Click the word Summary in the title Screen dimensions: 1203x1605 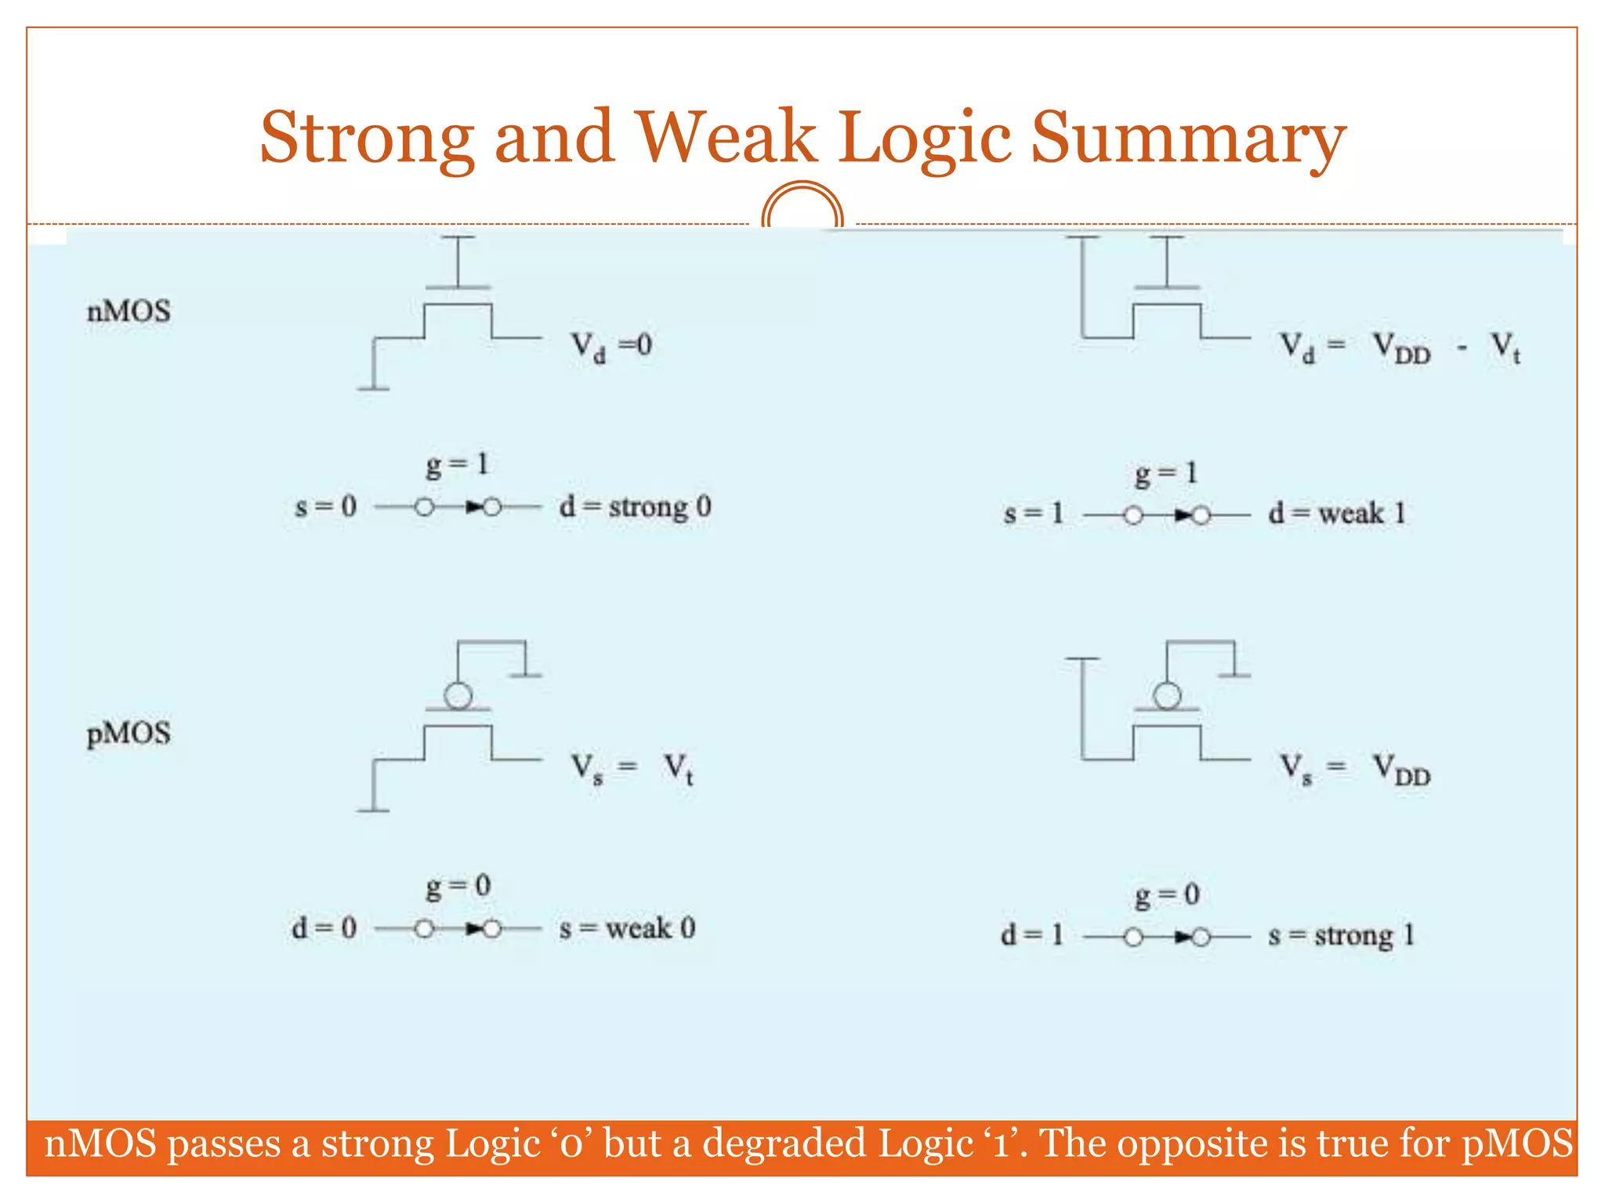(1188, 139)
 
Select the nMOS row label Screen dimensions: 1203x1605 (129, 312)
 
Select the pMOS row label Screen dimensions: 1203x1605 (129, 734)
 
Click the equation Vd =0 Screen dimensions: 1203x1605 (611, 345)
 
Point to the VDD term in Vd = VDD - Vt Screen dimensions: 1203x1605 (1402, 348)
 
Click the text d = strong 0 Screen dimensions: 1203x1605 (636, 508)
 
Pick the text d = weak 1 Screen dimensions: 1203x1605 (1337, 514)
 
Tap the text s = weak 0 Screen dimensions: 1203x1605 (627, 929)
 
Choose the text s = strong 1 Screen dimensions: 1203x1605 (1341, 936)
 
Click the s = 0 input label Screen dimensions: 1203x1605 (325, 508)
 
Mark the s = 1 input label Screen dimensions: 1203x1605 (1034, 514)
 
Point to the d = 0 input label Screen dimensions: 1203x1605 (324, 929)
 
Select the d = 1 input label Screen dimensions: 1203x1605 (1032, 935)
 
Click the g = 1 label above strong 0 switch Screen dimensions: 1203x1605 (458, 465)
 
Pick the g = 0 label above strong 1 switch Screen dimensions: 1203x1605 (1167, 894)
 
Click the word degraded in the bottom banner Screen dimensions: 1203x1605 (784, 1144)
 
